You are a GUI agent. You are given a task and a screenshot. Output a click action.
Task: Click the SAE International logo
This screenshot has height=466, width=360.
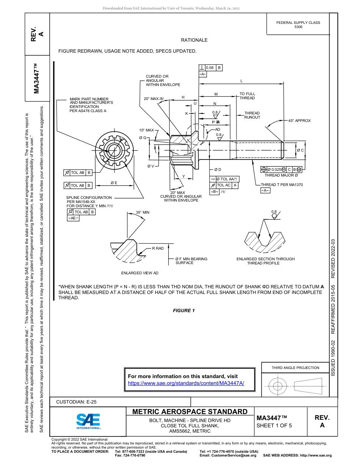[x=88, y=421]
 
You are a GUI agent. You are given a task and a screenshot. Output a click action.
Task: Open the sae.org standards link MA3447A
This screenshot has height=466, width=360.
[x=186, y=383]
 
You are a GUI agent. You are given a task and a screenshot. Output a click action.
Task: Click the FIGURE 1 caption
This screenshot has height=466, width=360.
[x=184, y=311]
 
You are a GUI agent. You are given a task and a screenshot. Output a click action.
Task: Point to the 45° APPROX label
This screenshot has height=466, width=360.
[x=299, y=121]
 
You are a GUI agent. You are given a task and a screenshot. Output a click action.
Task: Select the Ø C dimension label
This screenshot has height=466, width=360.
[x=300, y=150]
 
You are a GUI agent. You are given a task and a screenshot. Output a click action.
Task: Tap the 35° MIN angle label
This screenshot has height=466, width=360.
[x=142, y=213]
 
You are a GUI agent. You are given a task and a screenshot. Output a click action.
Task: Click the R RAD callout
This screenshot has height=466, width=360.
[x=158, y=249]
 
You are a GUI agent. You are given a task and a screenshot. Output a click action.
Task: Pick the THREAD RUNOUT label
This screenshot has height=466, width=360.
[x=252, y=115]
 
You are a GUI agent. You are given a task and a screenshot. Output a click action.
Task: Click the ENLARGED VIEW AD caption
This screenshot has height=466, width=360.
[x=140, y=273]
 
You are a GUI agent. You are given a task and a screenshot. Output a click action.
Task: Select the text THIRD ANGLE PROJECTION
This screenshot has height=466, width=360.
[x=295, y=367]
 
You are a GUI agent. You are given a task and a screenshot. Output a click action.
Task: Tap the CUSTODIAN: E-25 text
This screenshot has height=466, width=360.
[x=76, y=402]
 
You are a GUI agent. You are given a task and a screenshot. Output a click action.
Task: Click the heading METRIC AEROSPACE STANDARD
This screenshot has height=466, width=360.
[x=190, y=412]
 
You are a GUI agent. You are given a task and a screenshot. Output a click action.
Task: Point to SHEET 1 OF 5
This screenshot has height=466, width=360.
[x=274, y=425]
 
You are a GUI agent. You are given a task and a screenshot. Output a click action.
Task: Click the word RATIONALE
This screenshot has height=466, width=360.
[x=194, y=40]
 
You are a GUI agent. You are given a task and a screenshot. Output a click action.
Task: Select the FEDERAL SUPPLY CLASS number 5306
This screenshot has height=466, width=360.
[x=298, y=27]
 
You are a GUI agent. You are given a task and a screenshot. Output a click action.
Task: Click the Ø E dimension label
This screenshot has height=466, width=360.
[x=114, y=183]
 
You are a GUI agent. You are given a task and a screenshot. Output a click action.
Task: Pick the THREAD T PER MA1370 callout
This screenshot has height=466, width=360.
[x=282, y=185]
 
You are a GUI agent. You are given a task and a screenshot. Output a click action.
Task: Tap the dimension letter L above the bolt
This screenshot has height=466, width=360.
[x=241, y=81]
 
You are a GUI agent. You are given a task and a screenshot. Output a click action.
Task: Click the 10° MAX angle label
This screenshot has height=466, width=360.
[x=147, y=130]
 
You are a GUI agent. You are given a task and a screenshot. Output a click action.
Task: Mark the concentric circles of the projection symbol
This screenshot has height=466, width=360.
[x=278, y=386]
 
